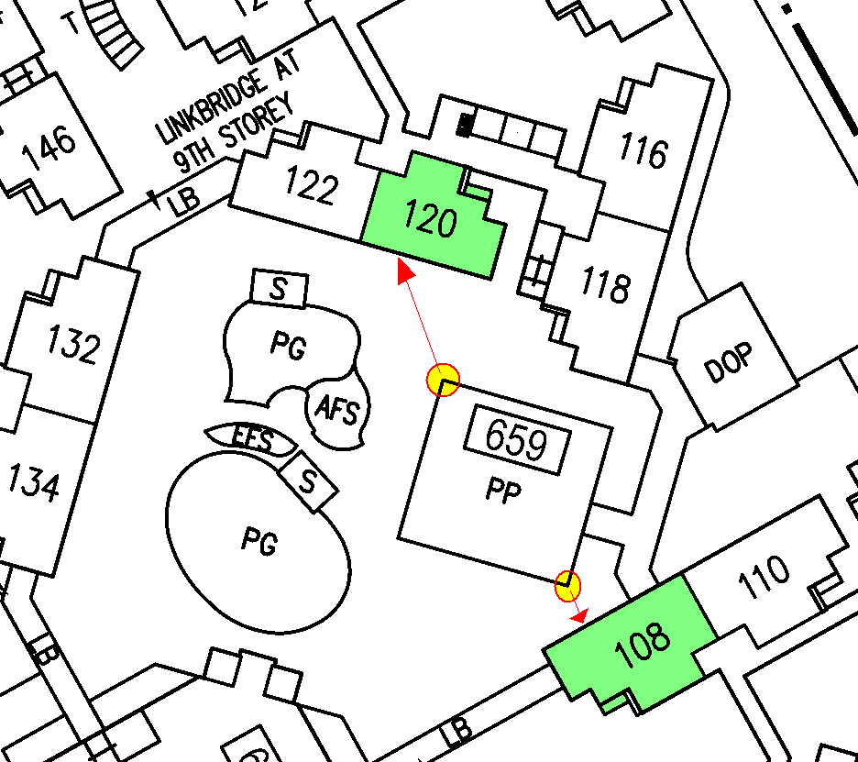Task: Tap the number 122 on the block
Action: [x=310, y=188]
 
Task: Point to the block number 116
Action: [x=643, y=151]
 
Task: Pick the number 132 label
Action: [x=72, y=347]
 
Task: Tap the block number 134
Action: [x=33, y=482]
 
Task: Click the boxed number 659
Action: [x=516, y=441]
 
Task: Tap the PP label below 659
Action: [x=503, y=492]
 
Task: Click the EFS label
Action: [x=252, y=441]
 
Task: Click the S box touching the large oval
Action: [x=308, y=482]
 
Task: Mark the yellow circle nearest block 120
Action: [x=444, y=380]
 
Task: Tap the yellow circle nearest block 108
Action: [x=568, y=584]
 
